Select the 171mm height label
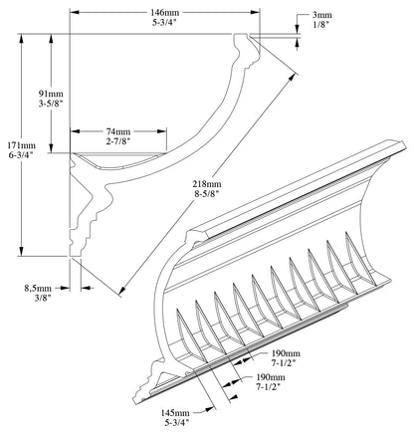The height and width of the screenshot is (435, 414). (15, 145)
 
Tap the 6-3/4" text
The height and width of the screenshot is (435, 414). (15, 157)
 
